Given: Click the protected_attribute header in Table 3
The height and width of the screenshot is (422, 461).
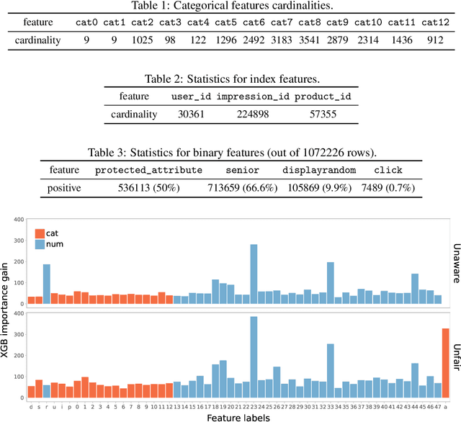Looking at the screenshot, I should [x=148, y=170].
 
